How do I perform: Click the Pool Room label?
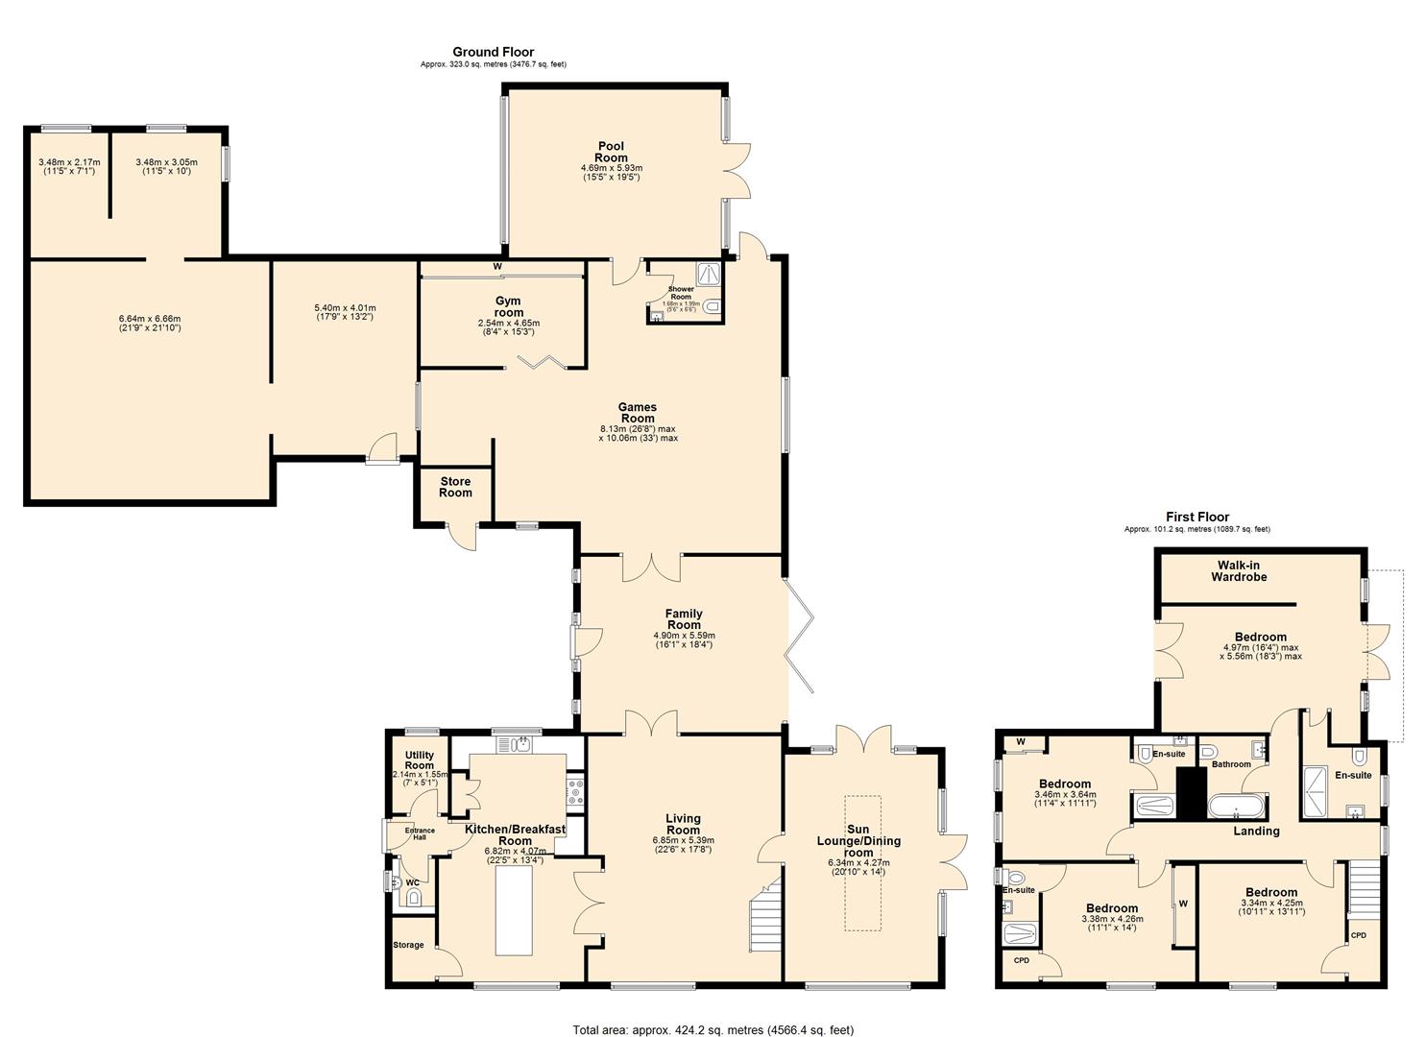click(611, 152)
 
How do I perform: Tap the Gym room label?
click(508, 306)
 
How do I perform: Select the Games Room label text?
click(638, 412)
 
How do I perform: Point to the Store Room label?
click(455, 487)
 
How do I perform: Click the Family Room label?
click(684, 619)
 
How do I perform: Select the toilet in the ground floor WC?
click(414, 899)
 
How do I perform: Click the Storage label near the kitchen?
click(408, 945)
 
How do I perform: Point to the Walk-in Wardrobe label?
click(1239, 571)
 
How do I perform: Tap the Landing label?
click(1256, 831)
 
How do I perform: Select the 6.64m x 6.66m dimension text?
click(150, 324)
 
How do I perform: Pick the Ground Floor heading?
click(493, 52)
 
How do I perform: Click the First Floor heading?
click(1197, 517)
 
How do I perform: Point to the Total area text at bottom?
click(713, 1029)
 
